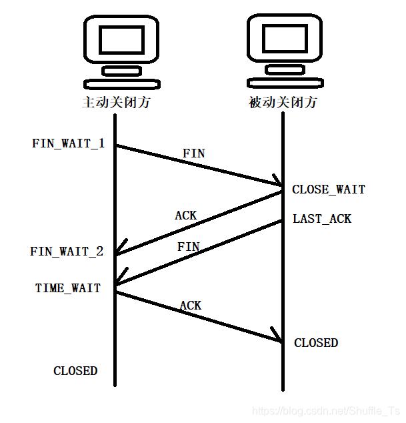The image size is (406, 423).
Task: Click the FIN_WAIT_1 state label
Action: point(68,143)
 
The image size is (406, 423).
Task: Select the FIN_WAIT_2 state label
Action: point(67,252)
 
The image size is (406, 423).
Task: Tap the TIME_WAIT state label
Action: point(68,288)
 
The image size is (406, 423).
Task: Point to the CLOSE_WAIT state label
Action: point(329,189)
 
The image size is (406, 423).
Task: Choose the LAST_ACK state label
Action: point(322,219)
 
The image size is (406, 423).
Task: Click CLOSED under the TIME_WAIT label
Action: point(75,370)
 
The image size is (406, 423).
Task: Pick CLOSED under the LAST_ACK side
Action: point(316,342)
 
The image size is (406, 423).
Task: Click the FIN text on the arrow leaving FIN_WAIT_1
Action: point(194,153)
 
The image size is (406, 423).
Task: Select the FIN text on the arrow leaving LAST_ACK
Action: point(189,247)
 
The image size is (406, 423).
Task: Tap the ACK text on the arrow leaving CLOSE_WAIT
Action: point(186,216)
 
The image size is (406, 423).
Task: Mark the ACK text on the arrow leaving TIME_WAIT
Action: point(191,306)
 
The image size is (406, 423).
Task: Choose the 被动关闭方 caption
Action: point(283,103)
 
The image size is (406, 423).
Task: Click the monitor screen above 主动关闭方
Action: point(122,38)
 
